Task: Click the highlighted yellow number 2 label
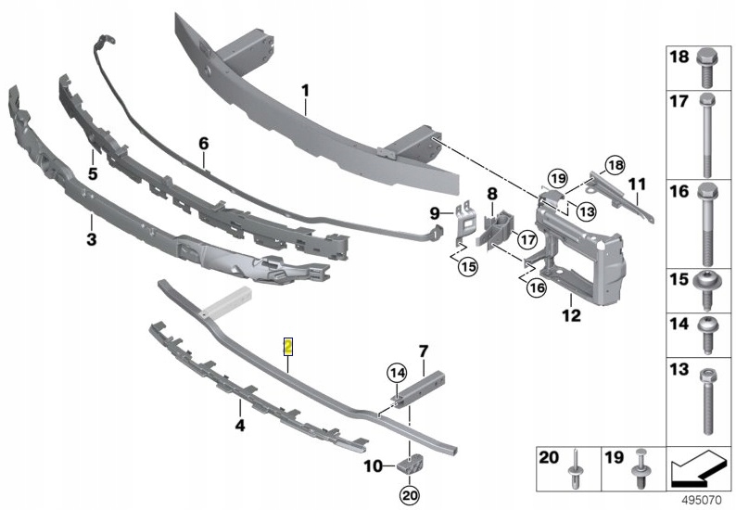pyautogui.click(x=288, y=347)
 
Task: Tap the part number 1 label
pyautogui.click(x=304, y=91)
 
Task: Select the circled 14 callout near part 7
pyautogui.click(x=397, y=374)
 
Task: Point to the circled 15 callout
pyautogui.click(x=467, y=267)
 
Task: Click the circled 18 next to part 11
pyautogui.click(x=615, y=165)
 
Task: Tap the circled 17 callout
pyautogui.click(x=527, y=239)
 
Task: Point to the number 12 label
pyautogui.click(x=570, y=316)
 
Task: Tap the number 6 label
pyautogui.click(x=204, y=144)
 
